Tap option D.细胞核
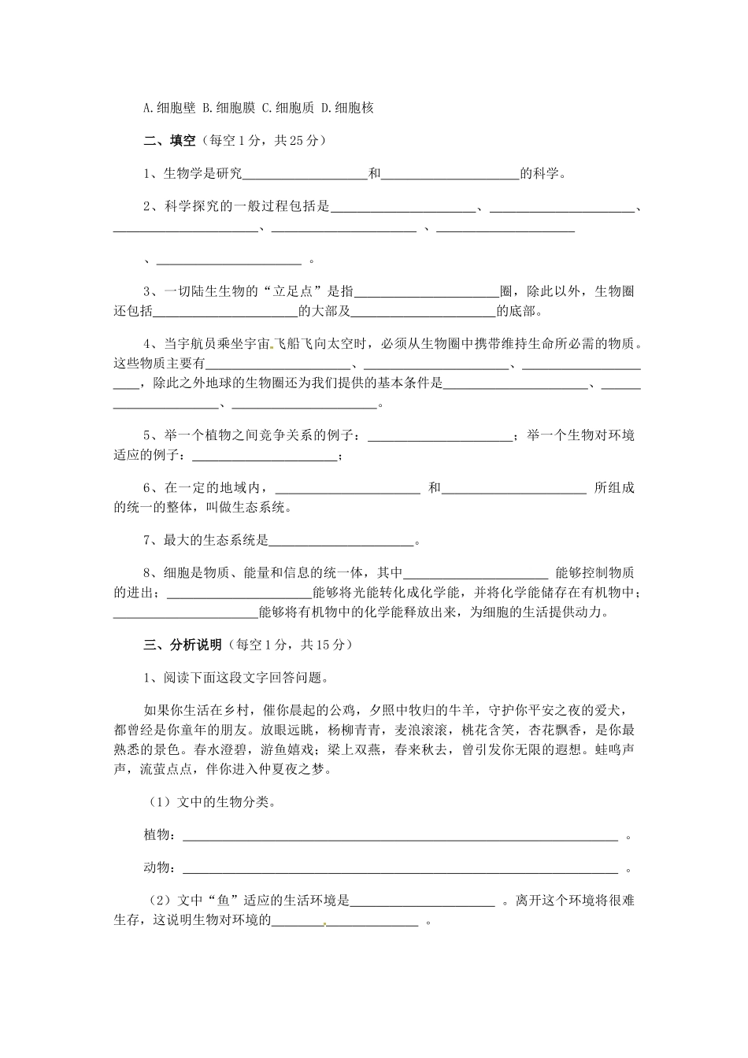point(346,108)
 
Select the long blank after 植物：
point(400,837)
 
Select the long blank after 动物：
point(400,868)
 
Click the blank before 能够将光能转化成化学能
point(241,594)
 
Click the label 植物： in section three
point(160,835)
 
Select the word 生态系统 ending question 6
point(257,508)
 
